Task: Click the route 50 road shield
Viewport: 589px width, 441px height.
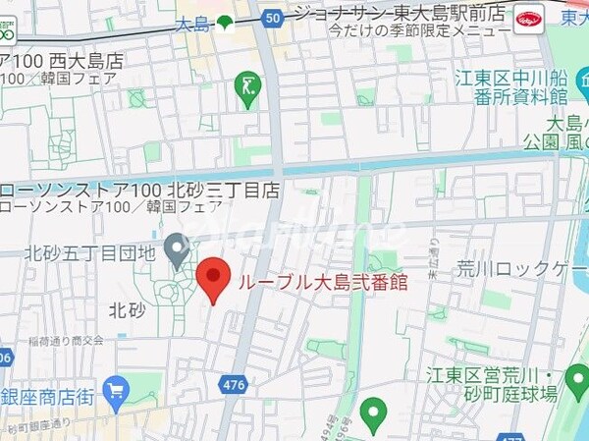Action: pos(272,17)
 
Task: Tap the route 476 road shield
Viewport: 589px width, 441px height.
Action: pos(234,386)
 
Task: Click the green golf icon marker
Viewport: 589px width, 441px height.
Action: pos(247,89)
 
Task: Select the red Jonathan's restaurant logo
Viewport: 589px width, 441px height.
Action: pos(527,19)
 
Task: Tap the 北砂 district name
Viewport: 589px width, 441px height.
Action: pos(127,310)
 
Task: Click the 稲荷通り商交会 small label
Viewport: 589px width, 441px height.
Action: pos(67,340)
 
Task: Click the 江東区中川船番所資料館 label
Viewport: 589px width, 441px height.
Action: pos(526,84)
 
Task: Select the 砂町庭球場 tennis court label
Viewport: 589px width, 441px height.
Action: pos(520,394)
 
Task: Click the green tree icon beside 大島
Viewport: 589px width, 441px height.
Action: pos(226,22)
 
